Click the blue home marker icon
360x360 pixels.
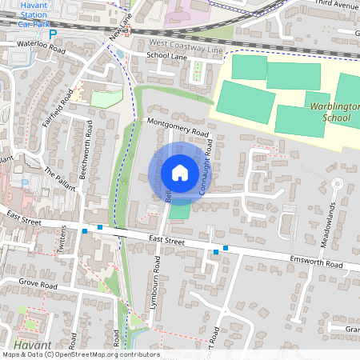[x=180, y=173]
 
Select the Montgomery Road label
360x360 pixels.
[x=178, y=128]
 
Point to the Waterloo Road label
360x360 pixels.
[x=35, y=47]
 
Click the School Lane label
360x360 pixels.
[x=166, y=56]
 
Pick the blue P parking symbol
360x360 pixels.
[x=53, y=34]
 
